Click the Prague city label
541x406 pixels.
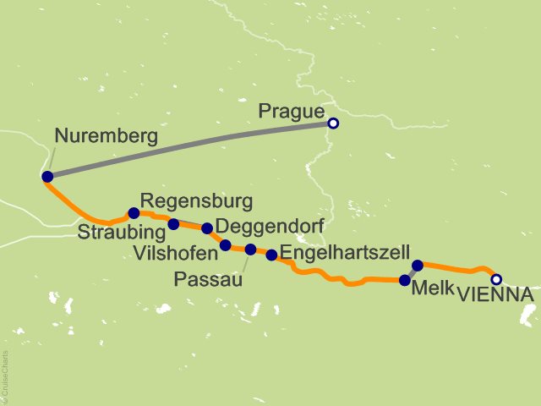pos(292,112)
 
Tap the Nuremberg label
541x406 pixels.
pos(106,136)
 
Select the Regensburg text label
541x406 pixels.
pos(196,201)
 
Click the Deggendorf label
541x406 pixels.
pos(260,227)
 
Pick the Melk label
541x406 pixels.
pos(432,288)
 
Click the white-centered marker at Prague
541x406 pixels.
pos(333,123)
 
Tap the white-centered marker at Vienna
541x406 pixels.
pos(496,279)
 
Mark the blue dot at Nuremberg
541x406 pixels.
pos(47,177)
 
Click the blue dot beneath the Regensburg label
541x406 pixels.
pos(133,213)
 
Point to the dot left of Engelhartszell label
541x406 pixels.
pos(271,255)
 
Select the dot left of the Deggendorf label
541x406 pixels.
pos(207,228)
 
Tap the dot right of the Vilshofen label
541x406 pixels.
pos(225,245)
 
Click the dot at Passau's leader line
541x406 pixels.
pos(250,249)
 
